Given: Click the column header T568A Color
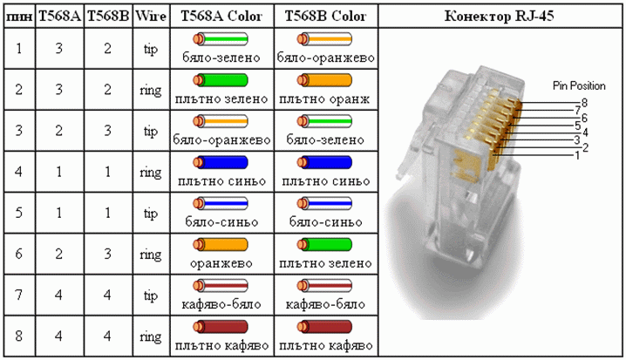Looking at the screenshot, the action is [x=221, y=16].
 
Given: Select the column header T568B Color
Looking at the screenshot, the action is [x=325, y=16].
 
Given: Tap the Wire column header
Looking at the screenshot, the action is [x=151, y=16].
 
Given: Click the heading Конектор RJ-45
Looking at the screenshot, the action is [x=499, y=16].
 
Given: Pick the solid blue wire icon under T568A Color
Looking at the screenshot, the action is [x=221, y=162].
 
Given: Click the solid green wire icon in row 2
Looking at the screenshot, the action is [x=221, y=80].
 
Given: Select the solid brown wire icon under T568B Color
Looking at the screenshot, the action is [x=324, y=327].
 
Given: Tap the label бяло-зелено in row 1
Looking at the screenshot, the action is [x=221, y=58].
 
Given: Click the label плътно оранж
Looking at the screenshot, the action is [x=324, y=98].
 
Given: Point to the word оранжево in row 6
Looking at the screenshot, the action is [x=221, y=263].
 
